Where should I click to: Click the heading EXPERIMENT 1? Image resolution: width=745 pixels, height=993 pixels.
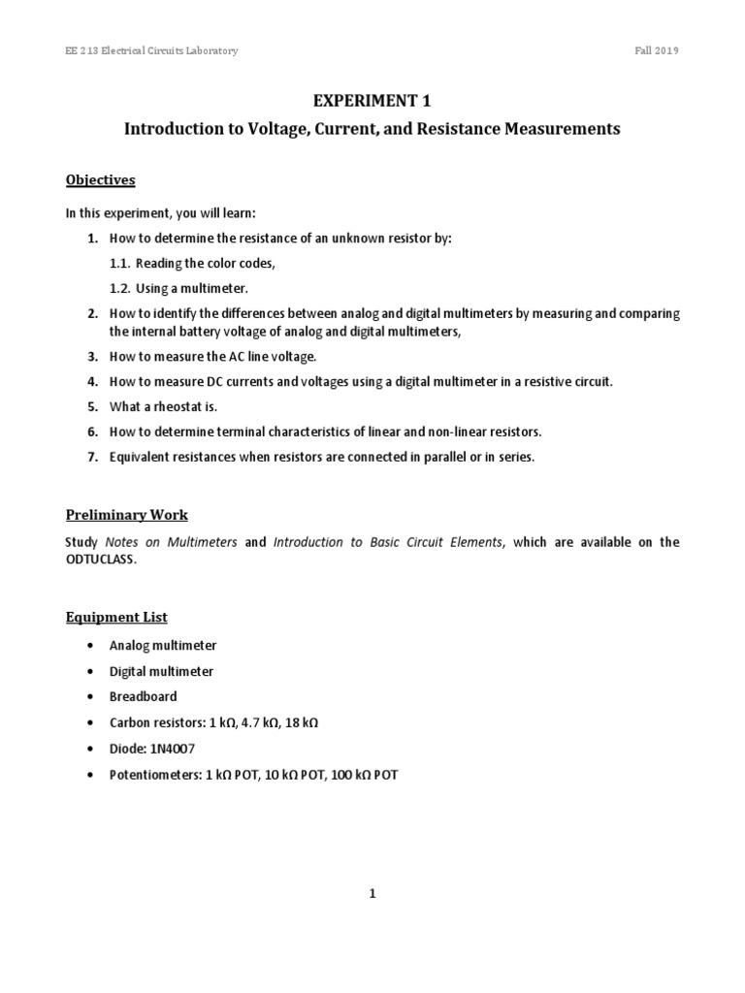[372, 100]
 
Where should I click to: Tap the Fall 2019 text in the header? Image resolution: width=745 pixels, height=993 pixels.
[656, 50]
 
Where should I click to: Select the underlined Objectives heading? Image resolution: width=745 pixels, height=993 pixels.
[100, 179]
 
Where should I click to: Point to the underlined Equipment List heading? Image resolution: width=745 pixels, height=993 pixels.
[116, 617]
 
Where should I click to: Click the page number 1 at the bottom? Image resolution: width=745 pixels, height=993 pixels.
[372, 894]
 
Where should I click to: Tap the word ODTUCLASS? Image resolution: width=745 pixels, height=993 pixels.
[110, 560]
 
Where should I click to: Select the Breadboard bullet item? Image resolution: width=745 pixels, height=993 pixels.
[145, 696]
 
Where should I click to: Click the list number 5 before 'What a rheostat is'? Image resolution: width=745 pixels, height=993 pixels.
[91, 406]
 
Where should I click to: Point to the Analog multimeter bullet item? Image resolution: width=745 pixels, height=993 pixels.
[164, 644]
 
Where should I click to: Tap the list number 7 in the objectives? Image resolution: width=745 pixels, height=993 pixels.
[91, 457]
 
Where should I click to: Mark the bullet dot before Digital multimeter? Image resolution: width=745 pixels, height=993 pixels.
[90, 671]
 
